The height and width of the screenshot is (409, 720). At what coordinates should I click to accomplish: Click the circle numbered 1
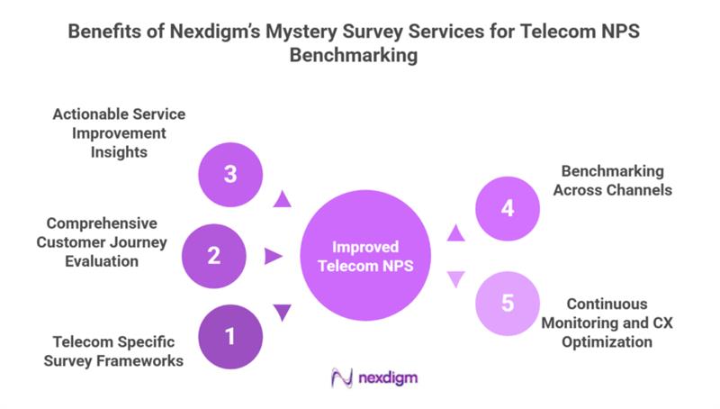point(229,337)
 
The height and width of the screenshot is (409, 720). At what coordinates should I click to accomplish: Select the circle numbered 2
point(213,256)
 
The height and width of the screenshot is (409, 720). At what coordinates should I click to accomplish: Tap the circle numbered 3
point(229,174)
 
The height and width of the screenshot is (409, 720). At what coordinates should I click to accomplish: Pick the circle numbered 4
point(507,208)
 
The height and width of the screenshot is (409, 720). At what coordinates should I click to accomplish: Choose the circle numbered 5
point(507,303)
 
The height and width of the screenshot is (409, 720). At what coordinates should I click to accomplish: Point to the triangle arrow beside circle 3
point(283,199)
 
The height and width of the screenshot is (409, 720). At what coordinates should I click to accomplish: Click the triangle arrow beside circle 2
point(274,257)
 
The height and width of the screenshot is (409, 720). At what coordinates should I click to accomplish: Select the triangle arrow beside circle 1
point(283,313)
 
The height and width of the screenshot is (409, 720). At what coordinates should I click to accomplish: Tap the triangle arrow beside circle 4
point(456,234)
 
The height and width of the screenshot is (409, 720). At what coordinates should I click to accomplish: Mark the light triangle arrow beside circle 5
point(456,279)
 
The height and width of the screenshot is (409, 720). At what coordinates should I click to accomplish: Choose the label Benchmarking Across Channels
point(612,179)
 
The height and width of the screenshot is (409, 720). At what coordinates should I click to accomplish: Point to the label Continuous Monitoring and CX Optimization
point(608,323)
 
